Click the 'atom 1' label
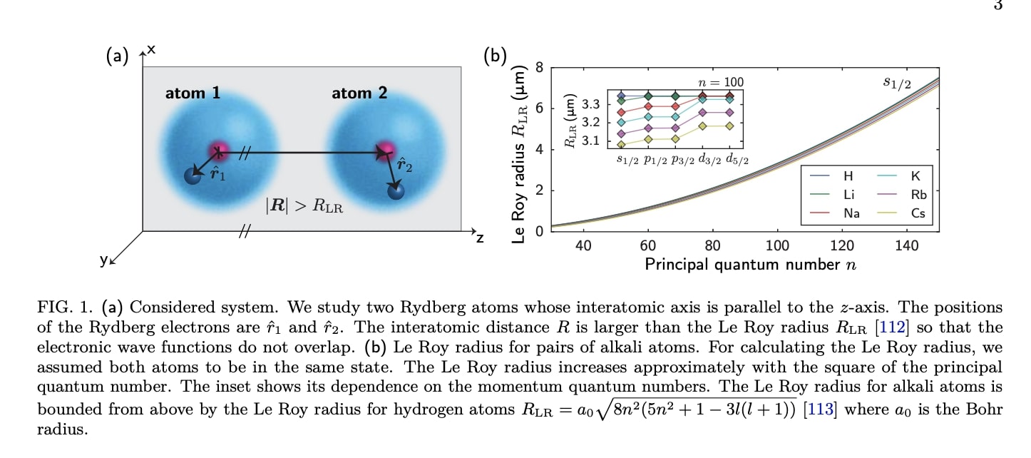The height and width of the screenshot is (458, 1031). (x=193, y=93)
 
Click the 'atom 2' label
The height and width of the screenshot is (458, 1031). (x=359, y=93)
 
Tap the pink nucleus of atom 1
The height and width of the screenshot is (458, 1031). (x=219, y=150)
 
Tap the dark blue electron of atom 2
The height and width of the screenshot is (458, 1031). (x=396, y=191)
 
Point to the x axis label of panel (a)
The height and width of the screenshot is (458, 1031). (x=151, y=50)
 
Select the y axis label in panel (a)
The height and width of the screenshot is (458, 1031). (x=104, y=261)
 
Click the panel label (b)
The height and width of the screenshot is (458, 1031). (x=494, y=56)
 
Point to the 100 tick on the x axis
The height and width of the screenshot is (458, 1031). (x=777, y=246)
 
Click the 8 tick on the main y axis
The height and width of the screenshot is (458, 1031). (x=539, y=68)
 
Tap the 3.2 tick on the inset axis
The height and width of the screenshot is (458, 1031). (x=590, y=123)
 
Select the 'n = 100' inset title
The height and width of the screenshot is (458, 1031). (x=720, y=82)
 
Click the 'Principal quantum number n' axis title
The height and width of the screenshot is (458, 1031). (x=750, y=265)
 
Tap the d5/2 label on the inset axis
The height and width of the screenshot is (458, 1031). (x=738, y=159)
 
